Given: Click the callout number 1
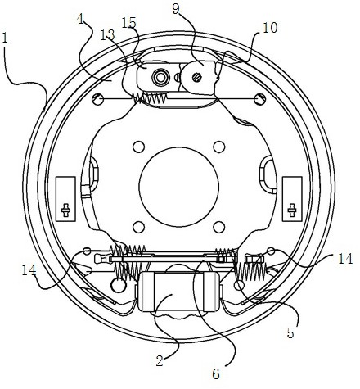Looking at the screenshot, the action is point(5,38).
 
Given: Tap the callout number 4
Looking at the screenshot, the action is point(80,19).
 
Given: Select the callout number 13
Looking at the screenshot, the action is point(107,35).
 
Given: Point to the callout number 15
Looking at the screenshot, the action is point(128,23).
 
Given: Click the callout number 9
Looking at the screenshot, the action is point(176,9).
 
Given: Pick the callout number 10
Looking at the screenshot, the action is point(270,28).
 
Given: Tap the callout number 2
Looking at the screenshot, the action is point(160,360).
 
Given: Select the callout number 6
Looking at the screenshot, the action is point(216,373).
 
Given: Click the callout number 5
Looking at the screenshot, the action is point(290,332).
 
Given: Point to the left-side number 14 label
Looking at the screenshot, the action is point(29,270).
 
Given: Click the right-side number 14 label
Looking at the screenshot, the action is point(345,258).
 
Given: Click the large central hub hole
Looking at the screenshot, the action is point(179,187).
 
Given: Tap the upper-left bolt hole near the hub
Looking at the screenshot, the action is point(138,147).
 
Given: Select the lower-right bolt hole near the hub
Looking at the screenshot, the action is point(219,227).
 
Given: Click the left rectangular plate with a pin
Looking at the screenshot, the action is point(65,199).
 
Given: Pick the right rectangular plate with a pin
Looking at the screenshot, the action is point(292,199).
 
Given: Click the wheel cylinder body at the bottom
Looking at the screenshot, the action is point(178,292).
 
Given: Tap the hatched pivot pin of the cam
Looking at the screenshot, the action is point(196,77).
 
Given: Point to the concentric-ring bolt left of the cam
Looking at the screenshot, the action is point(160,77).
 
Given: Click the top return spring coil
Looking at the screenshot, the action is point(149,97).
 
